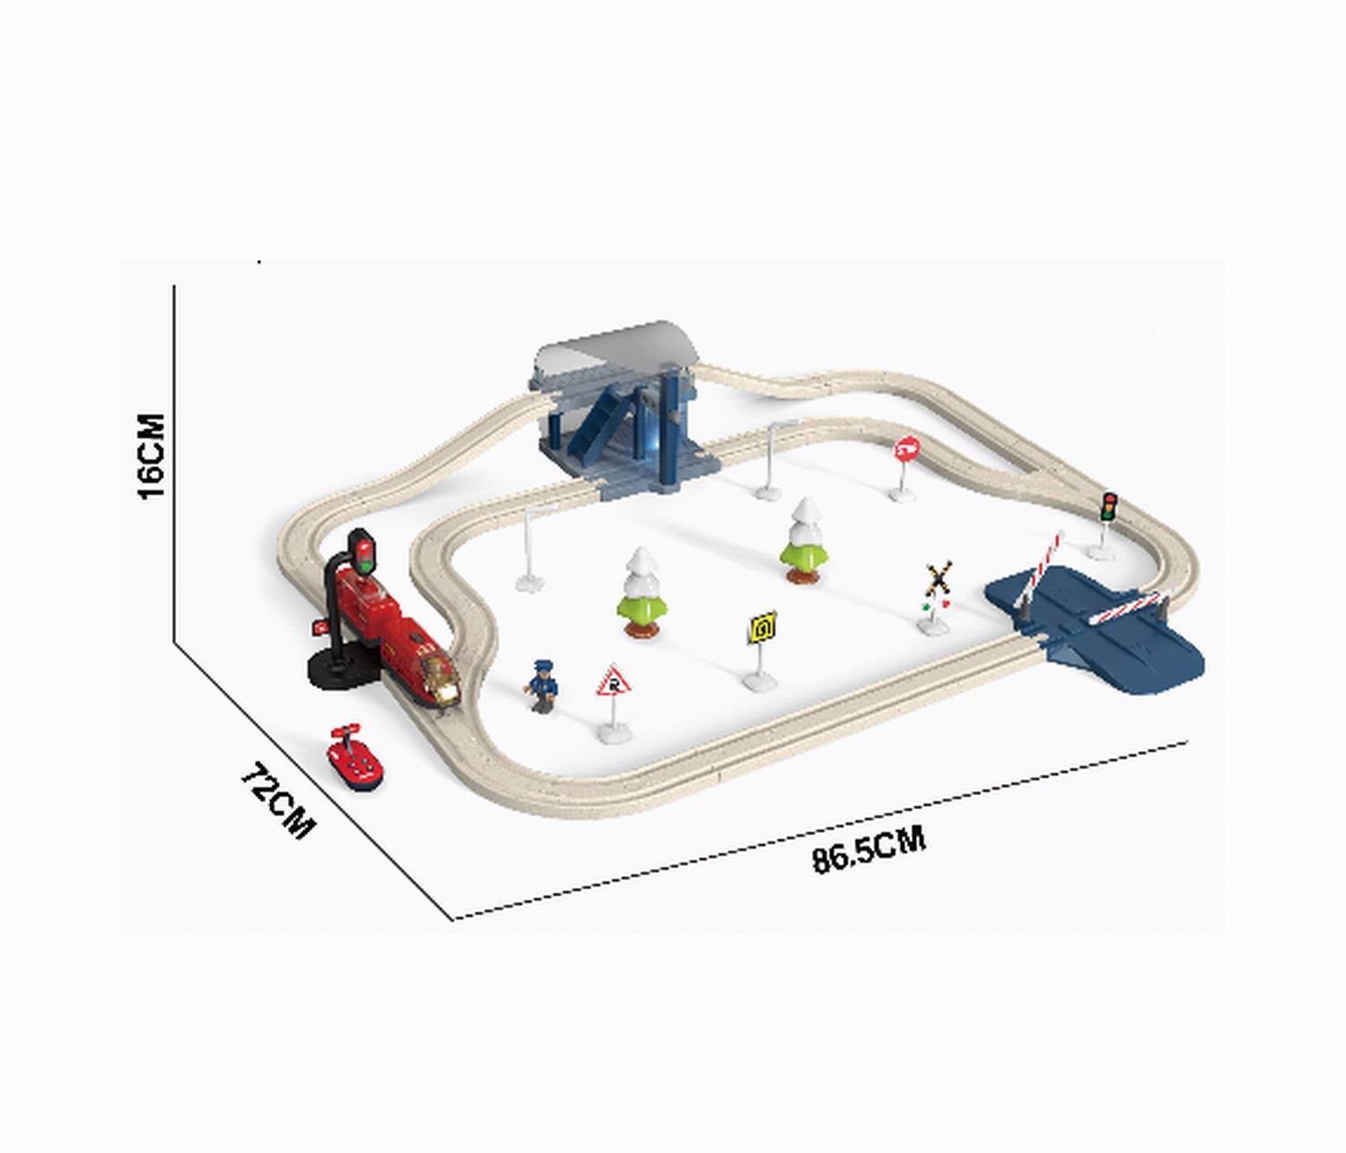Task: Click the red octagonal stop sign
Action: pos(905,467)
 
